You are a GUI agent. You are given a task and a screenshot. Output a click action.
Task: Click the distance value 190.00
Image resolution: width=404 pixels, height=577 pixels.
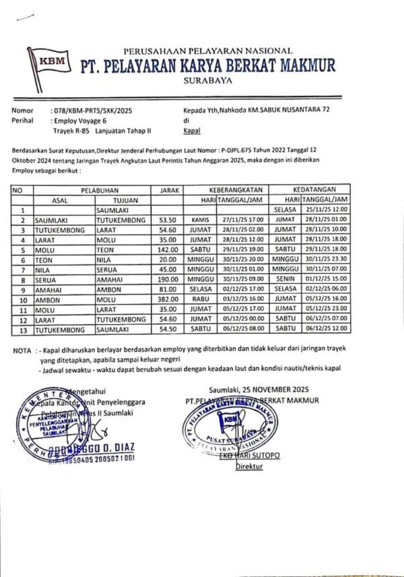click(x=166, y=275)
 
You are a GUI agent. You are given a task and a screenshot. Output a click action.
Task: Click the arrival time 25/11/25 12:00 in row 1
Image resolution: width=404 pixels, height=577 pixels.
click(x=325, y=210)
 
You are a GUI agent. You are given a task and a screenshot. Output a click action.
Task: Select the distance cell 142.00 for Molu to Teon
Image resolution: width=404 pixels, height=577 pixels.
click(x=166, y=247)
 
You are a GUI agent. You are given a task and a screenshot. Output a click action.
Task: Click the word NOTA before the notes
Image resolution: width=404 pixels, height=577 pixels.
click(x=22, y=351)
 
